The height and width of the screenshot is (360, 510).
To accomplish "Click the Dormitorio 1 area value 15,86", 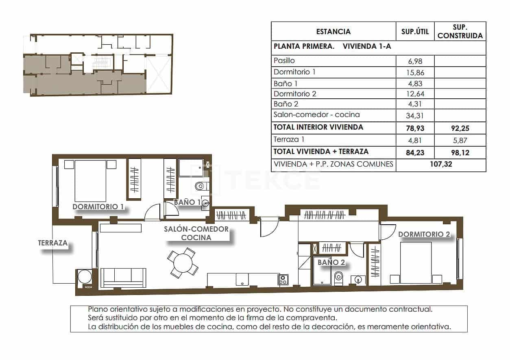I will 415,72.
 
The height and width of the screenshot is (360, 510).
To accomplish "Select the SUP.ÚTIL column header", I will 415,32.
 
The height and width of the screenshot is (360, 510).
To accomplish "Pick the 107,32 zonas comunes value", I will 440,165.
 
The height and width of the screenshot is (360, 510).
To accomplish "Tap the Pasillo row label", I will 284,61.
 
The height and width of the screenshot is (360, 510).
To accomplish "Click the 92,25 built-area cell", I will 460,128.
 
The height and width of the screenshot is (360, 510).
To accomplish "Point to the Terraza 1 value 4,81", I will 415,141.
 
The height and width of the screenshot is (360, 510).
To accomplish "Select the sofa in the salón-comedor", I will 123,277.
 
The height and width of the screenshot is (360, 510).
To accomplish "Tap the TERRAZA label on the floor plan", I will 52,243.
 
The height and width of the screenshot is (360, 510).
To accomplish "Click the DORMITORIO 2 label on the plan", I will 424,234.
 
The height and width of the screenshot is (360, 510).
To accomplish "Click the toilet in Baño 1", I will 201,187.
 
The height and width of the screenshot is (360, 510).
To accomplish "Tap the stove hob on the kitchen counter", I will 283,279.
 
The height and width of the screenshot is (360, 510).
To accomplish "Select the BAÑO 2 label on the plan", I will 331,262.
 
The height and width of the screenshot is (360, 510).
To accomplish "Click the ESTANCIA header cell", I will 333,32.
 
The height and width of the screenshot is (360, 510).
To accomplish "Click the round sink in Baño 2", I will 358,280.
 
